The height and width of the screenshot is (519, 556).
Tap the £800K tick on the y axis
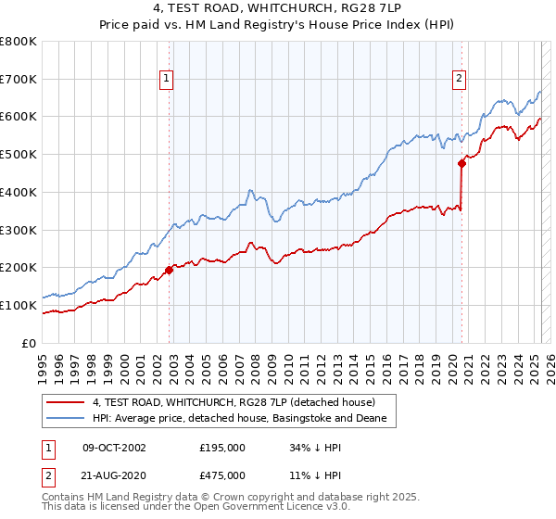19,42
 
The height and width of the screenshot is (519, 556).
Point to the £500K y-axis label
19,155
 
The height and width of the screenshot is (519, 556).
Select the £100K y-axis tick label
19,305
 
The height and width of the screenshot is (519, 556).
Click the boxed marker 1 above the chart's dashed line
166,80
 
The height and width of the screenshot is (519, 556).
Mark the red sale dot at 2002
170,270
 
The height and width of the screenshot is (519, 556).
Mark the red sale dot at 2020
461,164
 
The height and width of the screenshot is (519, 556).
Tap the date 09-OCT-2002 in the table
114,448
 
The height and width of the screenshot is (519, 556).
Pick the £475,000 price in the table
222,475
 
